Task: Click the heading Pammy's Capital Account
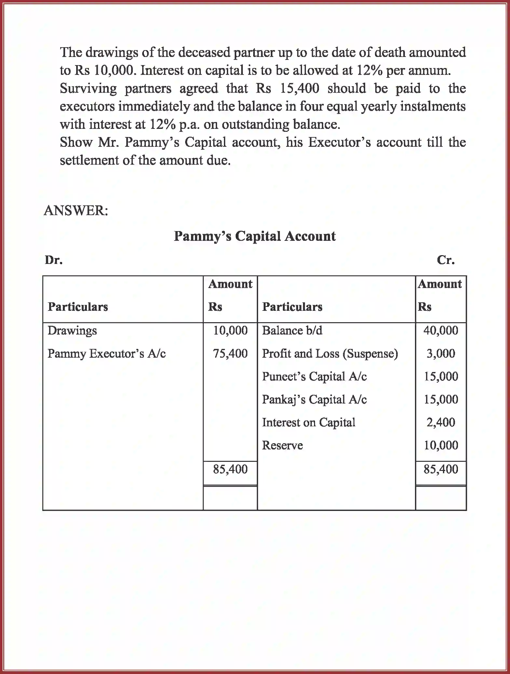[255, 236]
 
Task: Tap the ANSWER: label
[76, 211]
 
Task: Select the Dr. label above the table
[54, 260]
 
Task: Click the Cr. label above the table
[446, 260]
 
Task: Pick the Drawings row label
[72, 331]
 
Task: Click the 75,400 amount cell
[230, 353]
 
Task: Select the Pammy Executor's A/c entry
[106, 353]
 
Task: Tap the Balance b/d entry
[292, 331]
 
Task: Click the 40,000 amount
[441, 331]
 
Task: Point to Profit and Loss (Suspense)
[330, 353]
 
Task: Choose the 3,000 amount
[441, 353]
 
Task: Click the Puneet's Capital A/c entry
[314, 377]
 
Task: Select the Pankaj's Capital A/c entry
[314, 399]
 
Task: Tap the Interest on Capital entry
[309, 422]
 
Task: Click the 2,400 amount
[441, 422]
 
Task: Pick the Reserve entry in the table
[282, 445]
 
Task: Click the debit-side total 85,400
[230, 469]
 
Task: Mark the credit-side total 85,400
[441, 469]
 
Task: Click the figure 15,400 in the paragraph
[299, 89]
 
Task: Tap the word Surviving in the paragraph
[88, 89]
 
